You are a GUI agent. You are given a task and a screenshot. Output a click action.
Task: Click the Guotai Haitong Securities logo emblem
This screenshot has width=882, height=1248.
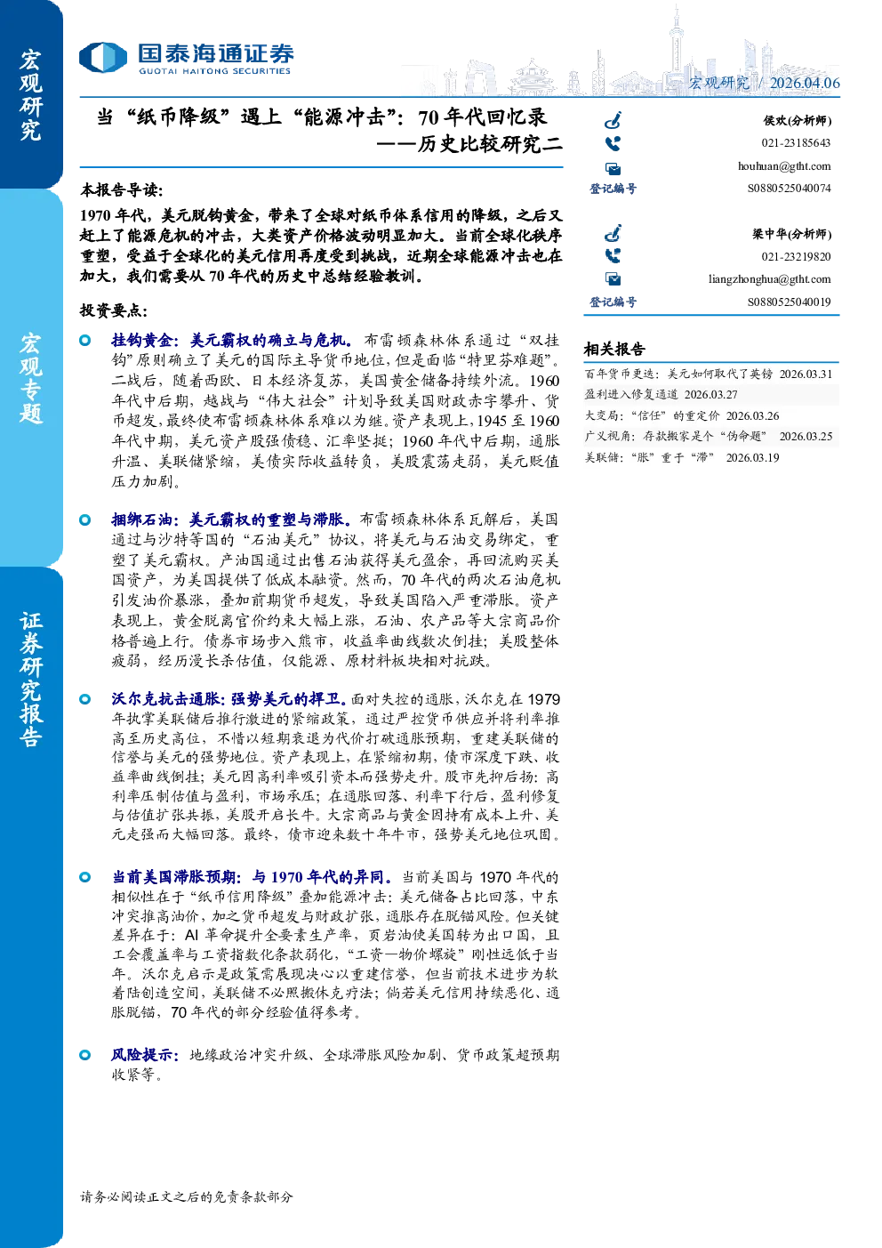103,58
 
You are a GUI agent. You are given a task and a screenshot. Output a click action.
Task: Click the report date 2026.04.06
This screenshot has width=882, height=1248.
805,83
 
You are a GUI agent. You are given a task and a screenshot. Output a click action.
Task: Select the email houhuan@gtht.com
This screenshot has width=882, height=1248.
784,166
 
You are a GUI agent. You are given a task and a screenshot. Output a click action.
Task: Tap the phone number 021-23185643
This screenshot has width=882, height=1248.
796,142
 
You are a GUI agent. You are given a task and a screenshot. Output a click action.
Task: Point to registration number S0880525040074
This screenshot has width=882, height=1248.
789,189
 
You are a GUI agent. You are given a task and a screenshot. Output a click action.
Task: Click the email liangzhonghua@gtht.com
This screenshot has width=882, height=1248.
769,279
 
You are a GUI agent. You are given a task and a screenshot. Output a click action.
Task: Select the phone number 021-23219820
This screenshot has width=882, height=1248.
796,256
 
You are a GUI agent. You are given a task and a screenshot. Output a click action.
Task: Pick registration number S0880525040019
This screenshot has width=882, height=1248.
789,302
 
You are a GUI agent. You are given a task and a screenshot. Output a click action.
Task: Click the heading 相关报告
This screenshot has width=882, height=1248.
614,350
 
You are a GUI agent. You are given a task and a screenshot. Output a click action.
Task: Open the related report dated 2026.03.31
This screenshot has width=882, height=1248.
709,374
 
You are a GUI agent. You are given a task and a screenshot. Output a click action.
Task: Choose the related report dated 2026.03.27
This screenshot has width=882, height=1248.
661,394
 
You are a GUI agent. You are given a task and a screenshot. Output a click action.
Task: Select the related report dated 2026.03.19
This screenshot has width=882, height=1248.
682,457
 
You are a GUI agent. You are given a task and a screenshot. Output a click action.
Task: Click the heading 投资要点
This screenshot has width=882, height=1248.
114,310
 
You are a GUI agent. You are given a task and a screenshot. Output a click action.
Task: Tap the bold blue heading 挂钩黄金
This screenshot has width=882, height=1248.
142,341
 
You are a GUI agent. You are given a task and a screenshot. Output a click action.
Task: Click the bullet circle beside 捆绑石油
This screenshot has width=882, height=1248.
85,519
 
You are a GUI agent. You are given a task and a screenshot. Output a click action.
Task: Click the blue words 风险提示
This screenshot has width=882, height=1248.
144,1055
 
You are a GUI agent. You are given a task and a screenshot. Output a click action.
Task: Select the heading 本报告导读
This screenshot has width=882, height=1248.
122,190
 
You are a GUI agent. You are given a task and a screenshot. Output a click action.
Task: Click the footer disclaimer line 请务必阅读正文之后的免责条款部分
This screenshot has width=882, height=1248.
187,1196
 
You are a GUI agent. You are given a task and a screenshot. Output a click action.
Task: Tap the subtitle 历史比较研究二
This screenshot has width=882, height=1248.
469,144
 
